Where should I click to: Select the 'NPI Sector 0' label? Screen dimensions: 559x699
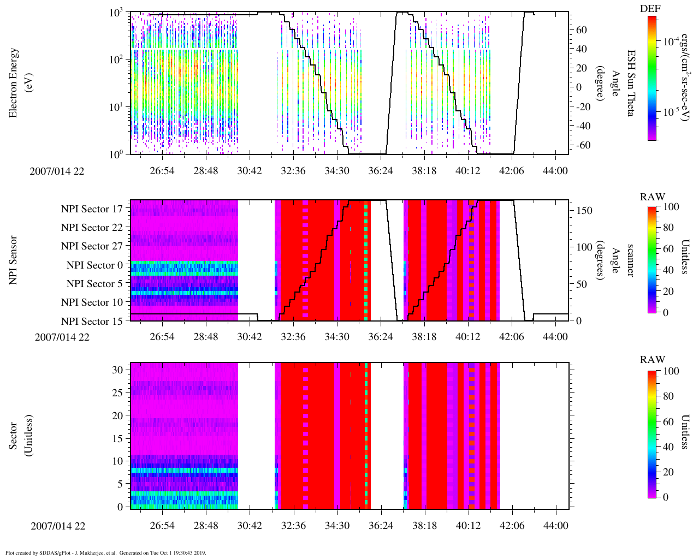[94, 265]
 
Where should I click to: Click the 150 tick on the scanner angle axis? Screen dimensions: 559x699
[585, 211]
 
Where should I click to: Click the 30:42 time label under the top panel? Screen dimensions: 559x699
[250, 171]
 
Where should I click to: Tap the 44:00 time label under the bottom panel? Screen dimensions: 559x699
[555, 526]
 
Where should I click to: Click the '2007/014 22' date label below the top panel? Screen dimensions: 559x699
[57, 171]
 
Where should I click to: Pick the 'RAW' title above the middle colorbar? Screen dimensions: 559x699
[652, 197]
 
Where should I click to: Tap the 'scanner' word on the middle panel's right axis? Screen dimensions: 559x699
[631, 260]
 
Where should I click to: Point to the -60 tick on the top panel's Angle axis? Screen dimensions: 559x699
[583, 145]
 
